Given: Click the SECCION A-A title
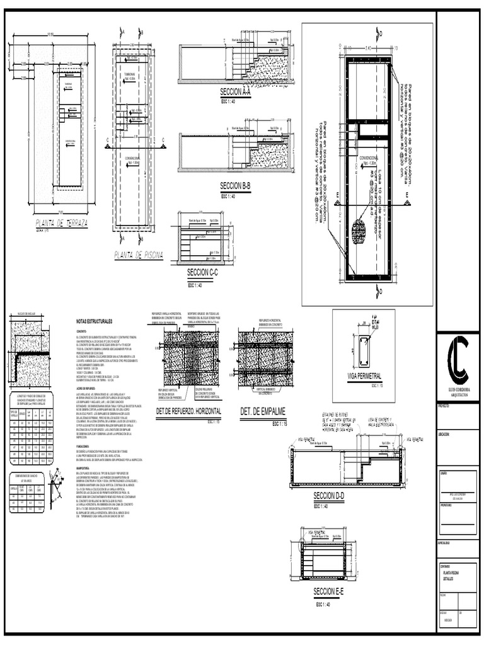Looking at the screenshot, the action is (236, 92).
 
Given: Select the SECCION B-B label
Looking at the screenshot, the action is (236, 186).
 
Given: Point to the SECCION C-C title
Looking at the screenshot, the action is (202, 272).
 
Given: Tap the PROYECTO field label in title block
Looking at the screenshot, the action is (446, 407).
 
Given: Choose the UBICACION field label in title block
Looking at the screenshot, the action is (446, 434).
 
